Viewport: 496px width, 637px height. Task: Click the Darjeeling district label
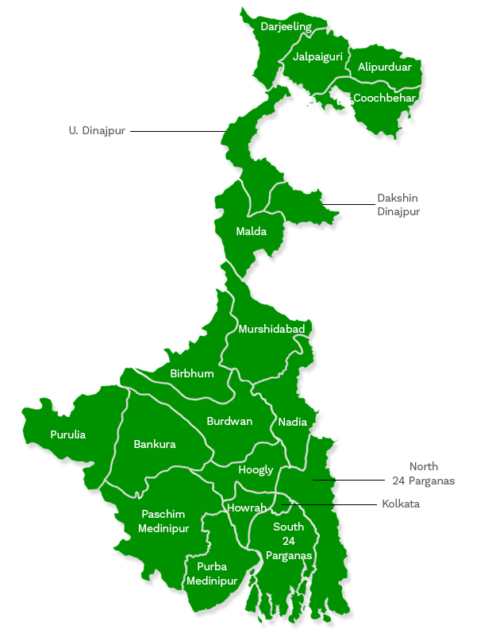[x=286, y=27]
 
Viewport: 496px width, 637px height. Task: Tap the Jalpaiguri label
[x=317, y=57]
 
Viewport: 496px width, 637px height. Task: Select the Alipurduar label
[x=385, y=68]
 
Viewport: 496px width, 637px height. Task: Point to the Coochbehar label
[x=384, y=98]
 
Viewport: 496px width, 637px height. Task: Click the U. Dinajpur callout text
[x=97, y=130]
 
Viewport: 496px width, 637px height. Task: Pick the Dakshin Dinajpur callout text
[x=398, y=205]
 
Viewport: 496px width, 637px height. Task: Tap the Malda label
[x=251, y=232]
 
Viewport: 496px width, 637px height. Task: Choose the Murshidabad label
[x=271, y=329]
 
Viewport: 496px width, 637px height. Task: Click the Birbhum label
[x=192, y=373]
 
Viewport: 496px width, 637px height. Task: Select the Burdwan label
[x=229, y=421]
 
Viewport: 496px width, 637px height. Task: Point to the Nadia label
[x=293, y=422]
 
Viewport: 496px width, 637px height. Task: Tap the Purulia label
[x=68, y=434]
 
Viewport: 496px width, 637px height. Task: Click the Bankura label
[x=155, y=444]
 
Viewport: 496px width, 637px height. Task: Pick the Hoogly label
[x=256, y=470]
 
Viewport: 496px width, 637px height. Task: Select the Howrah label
[x=247, y=508]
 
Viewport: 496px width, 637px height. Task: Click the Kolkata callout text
[x=401, y=504]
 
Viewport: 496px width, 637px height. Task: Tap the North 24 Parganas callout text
[x=424, y=473]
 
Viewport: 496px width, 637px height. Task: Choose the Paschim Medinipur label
[x=163, y=521]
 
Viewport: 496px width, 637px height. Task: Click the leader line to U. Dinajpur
[x=179, y=131]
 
